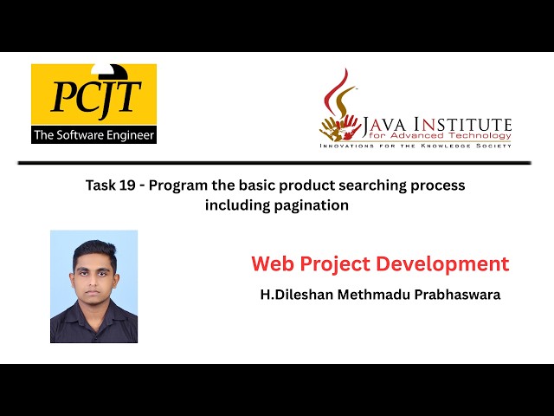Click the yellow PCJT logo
(93, 95)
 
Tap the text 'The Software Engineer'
(93, 135)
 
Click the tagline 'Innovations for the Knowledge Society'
(415, 146)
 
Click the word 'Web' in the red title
(274, 263)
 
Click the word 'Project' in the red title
(337, 263)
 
